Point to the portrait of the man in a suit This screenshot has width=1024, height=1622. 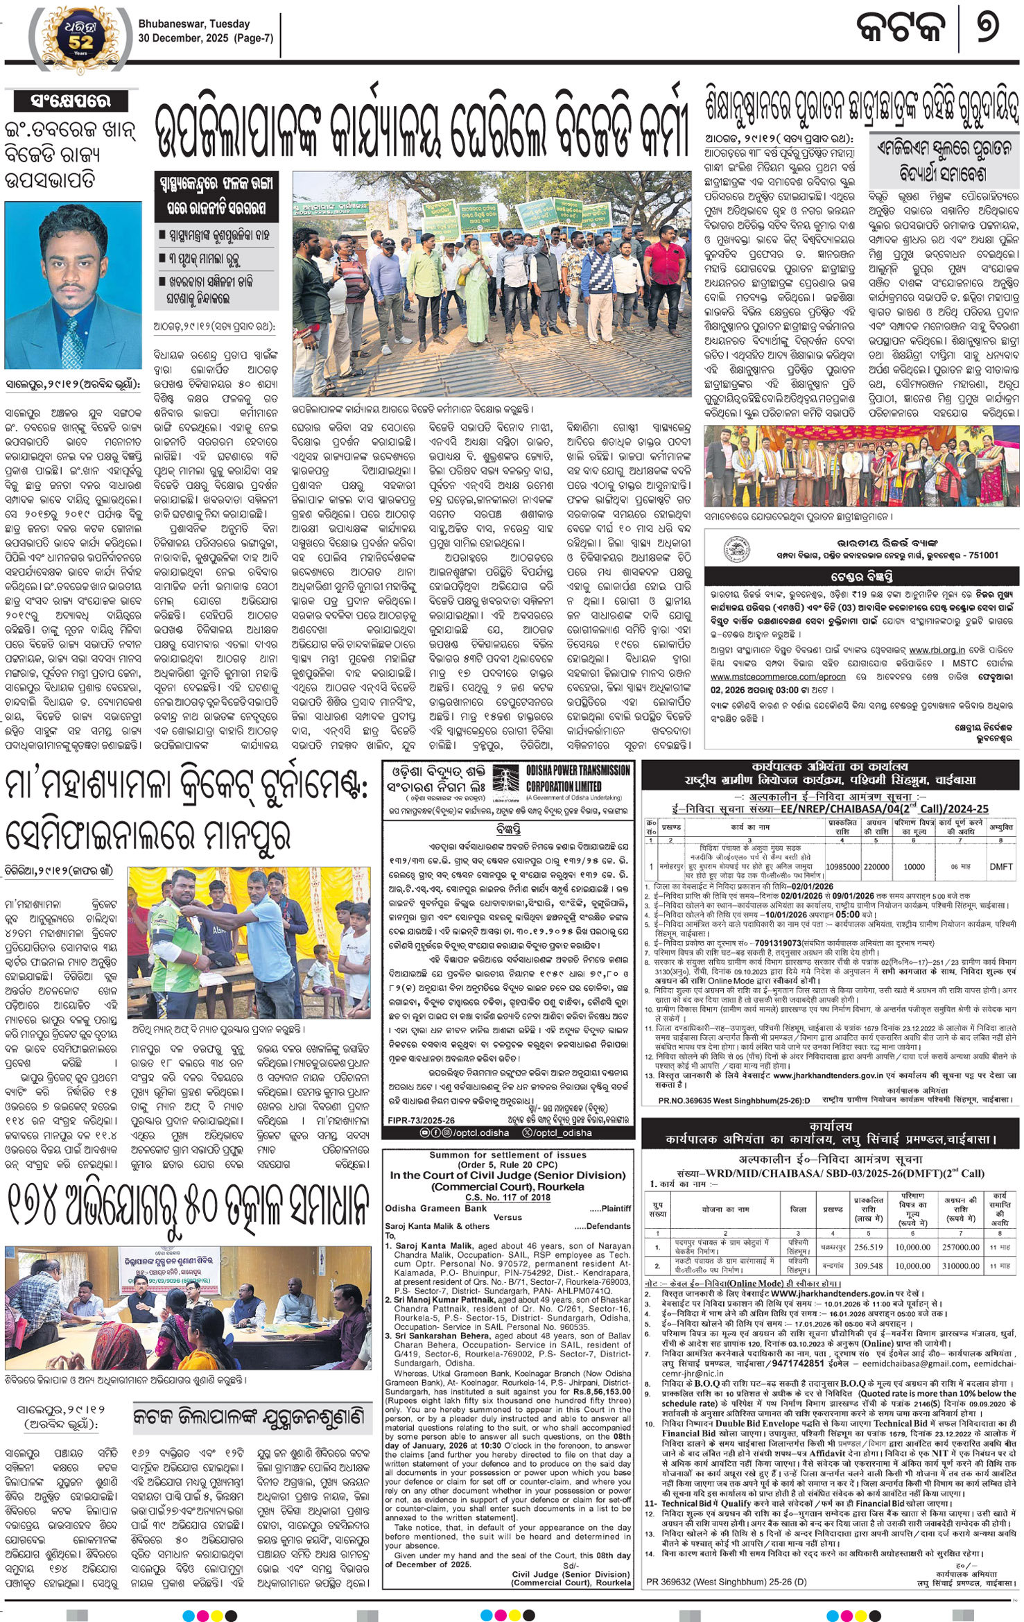[x=73, y=285]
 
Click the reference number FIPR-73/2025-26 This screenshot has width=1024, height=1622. [x=422, y=1120]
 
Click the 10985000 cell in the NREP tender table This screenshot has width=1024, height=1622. [x=843, y=867]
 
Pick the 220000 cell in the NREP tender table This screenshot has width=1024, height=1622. [x=876, y=867]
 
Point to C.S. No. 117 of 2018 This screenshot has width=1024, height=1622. [x=507, y=1197]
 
